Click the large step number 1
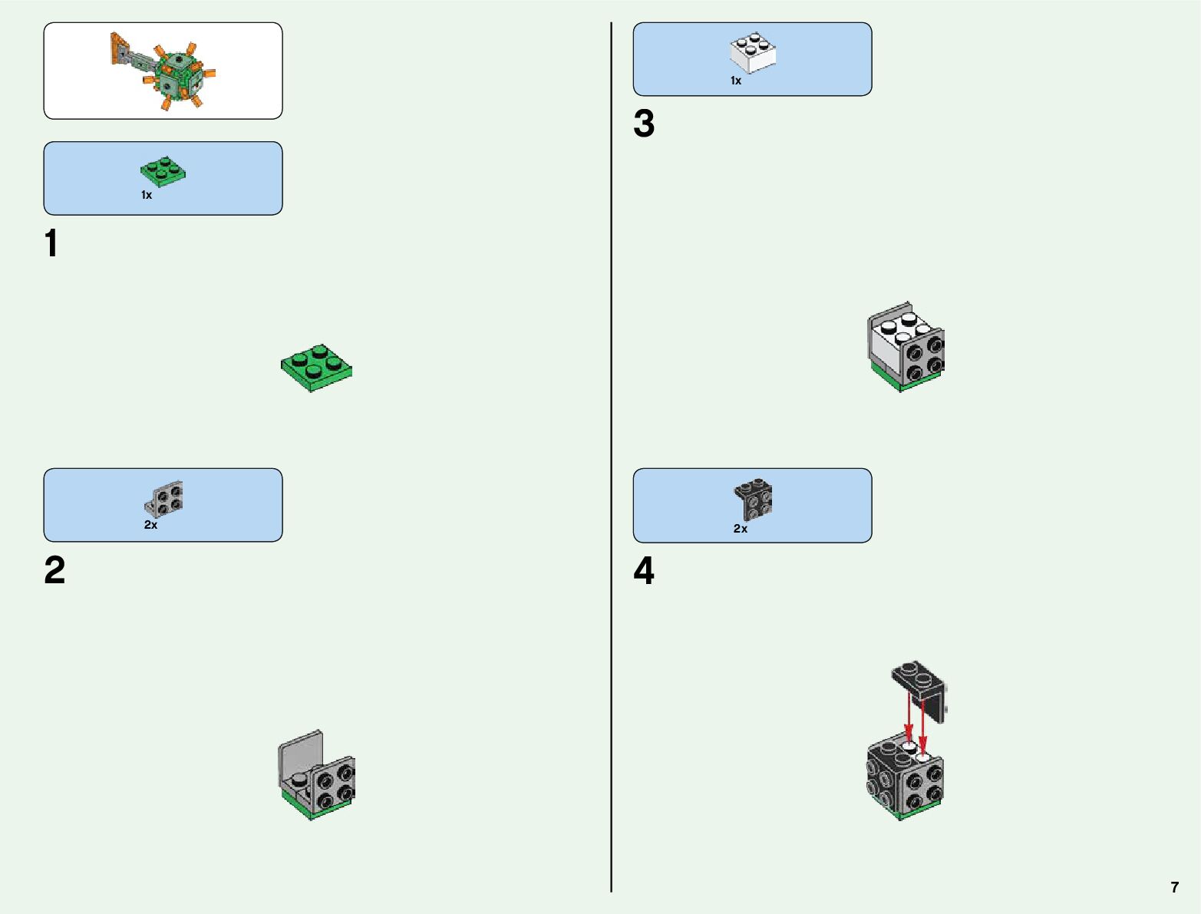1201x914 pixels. coord(51,244)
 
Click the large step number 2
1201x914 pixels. coord(54,571)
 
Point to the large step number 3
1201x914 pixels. coord(644,124)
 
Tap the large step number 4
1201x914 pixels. coord(644,572)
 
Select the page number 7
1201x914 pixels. coord(1174,887)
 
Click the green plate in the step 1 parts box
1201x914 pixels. coord(163,172)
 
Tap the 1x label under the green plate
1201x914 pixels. coord(147,196)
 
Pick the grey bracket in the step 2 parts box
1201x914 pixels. coord(164,499)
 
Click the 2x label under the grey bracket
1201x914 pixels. coord(150,525)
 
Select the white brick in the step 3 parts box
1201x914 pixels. coord(752,53)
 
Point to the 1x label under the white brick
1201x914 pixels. coord(736,81)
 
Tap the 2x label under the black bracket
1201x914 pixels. coord(740,529)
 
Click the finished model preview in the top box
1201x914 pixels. coord(163,71)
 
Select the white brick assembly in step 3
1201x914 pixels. coord(906,347)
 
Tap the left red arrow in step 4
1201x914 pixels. coord(909,718)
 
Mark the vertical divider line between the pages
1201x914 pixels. coord(611,457)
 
